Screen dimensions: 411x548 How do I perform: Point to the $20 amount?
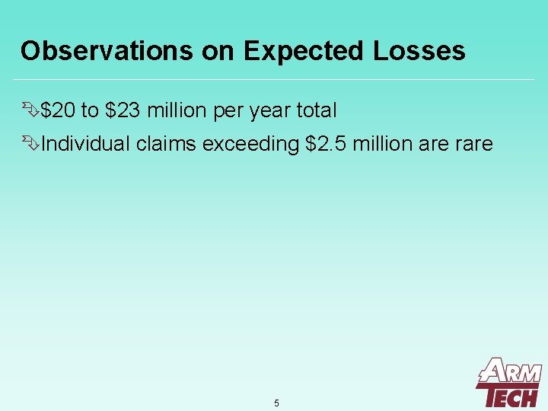pyautogui.click(x=59, y=111)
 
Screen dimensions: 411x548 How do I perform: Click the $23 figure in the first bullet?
pyautogui.click(x=123, y=111)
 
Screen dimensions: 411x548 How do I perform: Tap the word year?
pyautogui.click(x=269, y=111)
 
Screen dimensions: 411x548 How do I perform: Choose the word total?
pyautogui.click(x=316, y=111)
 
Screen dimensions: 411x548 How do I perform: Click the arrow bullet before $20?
pyautogui.click(x=30, y=111)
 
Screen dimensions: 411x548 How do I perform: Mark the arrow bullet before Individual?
pyautogui.click(x=30, y=144)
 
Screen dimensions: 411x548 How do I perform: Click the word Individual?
pyautogui.click(x=85, y=144)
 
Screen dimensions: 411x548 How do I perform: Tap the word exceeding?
pyautogui.click(x=250, y=144)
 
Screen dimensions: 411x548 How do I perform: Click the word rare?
pyautogui.click(x=474, y=144)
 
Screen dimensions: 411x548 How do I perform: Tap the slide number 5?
pyautogui.click(x=276, y=403)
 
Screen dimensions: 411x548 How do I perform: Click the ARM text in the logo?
pyautogui.click(x=511, y=372)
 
